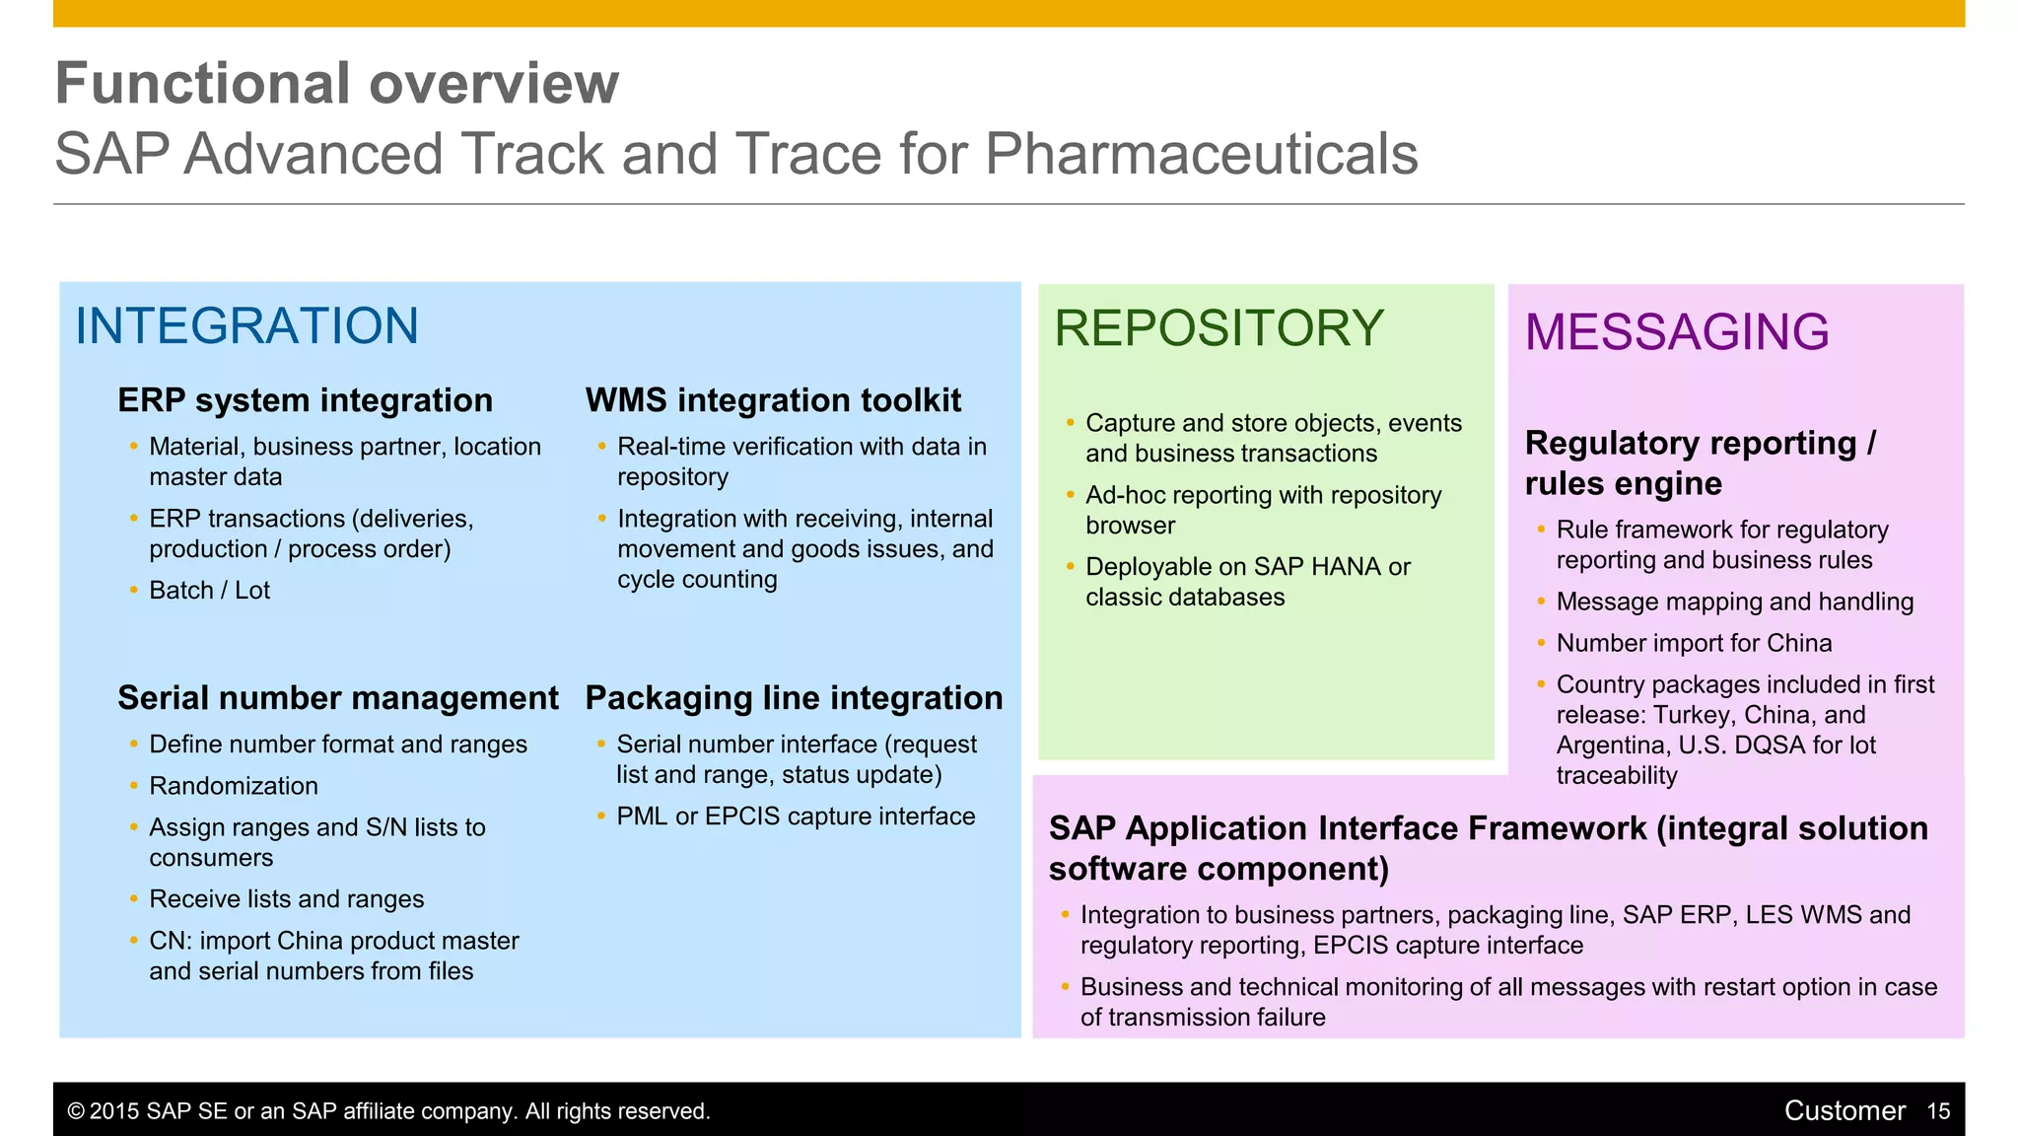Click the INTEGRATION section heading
[246, 326]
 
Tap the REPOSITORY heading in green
[1218, 328]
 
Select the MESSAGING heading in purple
[1677, 332]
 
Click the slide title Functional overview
[336, 83]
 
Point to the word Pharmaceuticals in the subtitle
[1201, 155]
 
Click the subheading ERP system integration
[305, 400]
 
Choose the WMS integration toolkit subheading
[773, 400]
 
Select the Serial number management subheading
[337, 698]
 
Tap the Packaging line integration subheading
[794, 698]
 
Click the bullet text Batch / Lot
[209, 591]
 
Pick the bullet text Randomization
[234, 786]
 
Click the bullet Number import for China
[1694, 643]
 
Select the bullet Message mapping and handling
[1734, 602]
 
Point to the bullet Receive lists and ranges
[286, 899]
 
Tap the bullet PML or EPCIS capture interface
[796, 816]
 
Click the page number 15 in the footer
[1938, 1111]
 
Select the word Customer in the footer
[1844, 1111]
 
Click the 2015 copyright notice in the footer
[388, 1111]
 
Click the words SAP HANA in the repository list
[1317, 567]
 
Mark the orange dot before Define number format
[133, 745]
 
